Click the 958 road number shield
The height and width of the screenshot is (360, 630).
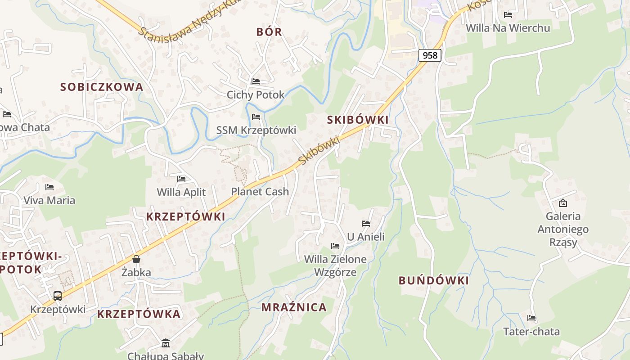[430, 55]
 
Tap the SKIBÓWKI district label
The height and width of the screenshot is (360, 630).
[358, 120]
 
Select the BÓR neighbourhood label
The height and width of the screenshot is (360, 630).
[269, 32]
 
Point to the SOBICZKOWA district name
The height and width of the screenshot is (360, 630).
[102, 87]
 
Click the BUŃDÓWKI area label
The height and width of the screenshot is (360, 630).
[433, 281]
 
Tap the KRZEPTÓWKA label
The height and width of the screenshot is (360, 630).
[139, 314]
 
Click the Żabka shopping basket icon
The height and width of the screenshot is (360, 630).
[136, 259]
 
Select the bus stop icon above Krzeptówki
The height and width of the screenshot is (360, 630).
[58, 296]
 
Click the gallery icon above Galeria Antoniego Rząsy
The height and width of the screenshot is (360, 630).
[562, 203]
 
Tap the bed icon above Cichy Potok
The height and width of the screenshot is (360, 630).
[256, 81]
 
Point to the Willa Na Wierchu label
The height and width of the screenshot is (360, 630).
[508, 28]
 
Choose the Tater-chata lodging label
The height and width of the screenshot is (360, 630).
[531, 332]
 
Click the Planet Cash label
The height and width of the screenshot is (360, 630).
[260, 192]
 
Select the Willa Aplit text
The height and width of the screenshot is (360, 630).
[181, 192]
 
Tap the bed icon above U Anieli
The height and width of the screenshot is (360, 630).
[366, 223]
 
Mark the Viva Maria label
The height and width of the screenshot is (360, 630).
[49, 200]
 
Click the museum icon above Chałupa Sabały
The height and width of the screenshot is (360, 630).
[166, 343]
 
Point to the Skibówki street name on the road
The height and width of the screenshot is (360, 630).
[319, 151]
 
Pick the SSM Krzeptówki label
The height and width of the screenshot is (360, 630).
[256, 130]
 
